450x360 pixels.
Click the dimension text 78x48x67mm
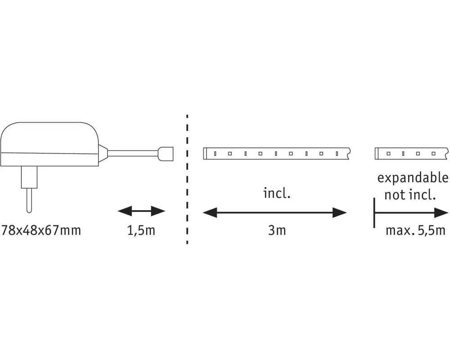(41, 230)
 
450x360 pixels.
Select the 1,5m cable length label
(141, 230)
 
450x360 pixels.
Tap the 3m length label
(277, 230)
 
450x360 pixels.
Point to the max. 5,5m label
(415, 230)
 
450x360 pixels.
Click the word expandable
(413, 178)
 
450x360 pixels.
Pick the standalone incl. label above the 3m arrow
(277, 193)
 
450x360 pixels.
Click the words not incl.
(410, 195)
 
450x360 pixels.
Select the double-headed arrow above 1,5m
(141, 211)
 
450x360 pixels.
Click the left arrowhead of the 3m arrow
(210, 213)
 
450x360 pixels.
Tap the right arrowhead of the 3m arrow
(340, 213)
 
